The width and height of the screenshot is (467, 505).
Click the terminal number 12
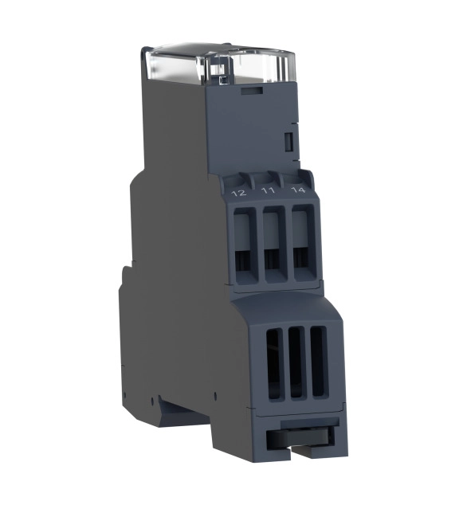pyautogui.click(x=240, y=193)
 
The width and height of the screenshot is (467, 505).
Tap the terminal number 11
pyautogui.click(x=268, y=190)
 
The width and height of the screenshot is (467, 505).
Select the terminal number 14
pyautogui.click(x=298, y=190)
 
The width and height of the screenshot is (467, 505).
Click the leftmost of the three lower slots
pyautogui.click(x=273, y=365)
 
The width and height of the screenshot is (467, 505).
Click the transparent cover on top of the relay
pyautogui.click(x=218, y=65)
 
